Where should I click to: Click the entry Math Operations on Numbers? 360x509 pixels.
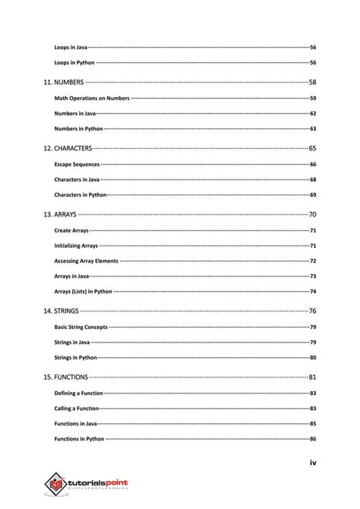click(x=92, y=98)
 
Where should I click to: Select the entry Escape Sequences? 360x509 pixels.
click(x=77, y=164)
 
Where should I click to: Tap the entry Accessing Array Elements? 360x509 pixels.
click(x=86, y=261)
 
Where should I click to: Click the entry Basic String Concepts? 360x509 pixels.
click(x=81, y=327)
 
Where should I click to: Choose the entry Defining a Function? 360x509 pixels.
click(x=78, y=394)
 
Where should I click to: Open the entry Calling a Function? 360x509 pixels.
click(x=76, y=409)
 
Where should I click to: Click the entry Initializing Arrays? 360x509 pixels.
click(x=76, y=245)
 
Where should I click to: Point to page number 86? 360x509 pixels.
click(x=313, y=439)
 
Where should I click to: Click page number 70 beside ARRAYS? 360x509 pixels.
click(x=312, y=214)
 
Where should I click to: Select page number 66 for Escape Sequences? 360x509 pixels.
click(x=313, y=164)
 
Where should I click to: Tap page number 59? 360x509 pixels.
click(x=313, y=98)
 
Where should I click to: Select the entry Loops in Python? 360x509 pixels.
click(x=74, y=62)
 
